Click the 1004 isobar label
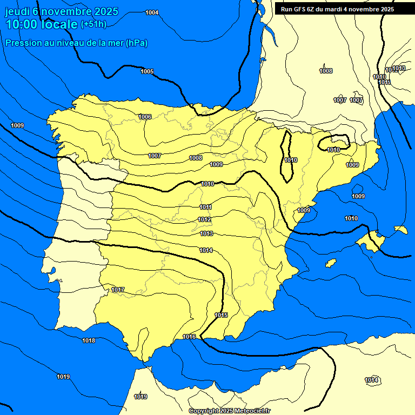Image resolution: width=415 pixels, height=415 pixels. click(x=152, y=12)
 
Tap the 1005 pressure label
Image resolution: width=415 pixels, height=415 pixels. click(x=147, y=71)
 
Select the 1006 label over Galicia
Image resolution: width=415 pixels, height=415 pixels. click(x=144, y=117)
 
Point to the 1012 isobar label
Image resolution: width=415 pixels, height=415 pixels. click(x=205, y=219)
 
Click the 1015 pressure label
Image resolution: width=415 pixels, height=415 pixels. click(x=221, y=315)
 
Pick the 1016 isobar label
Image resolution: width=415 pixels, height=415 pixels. click(x=189, y=337)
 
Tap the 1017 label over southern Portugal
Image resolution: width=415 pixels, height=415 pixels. click(x=118, y=290)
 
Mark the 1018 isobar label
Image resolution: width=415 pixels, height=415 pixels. click(x=89, y=340)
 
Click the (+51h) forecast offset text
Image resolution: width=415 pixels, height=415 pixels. click(x=93, y=24)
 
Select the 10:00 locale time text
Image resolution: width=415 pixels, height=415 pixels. click(x=41, y=24)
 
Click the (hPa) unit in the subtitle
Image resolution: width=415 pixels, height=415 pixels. click(x=137, y=43)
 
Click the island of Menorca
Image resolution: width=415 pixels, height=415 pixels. click(x=400, y=230)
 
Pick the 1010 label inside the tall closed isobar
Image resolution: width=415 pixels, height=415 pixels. click(x=291, y=160)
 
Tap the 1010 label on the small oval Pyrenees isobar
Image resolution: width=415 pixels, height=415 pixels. click(x=333, y=150)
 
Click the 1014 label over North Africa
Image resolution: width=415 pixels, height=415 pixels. click(x=371, y=380)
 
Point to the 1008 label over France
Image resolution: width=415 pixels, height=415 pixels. click(x=326, y=71)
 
